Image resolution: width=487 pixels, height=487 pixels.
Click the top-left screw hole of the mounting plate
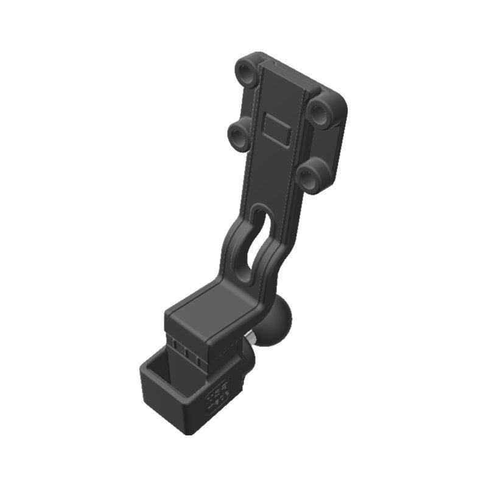tap(248, 72)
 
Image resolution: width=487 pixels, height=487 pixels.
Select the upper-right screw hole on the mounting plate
tap(318, 109)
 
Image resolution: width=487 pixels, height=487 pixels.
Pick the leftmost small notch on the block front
tap(174, 345)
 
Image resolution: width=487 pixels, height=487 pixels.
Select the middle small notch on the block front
tap(186, 352)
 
